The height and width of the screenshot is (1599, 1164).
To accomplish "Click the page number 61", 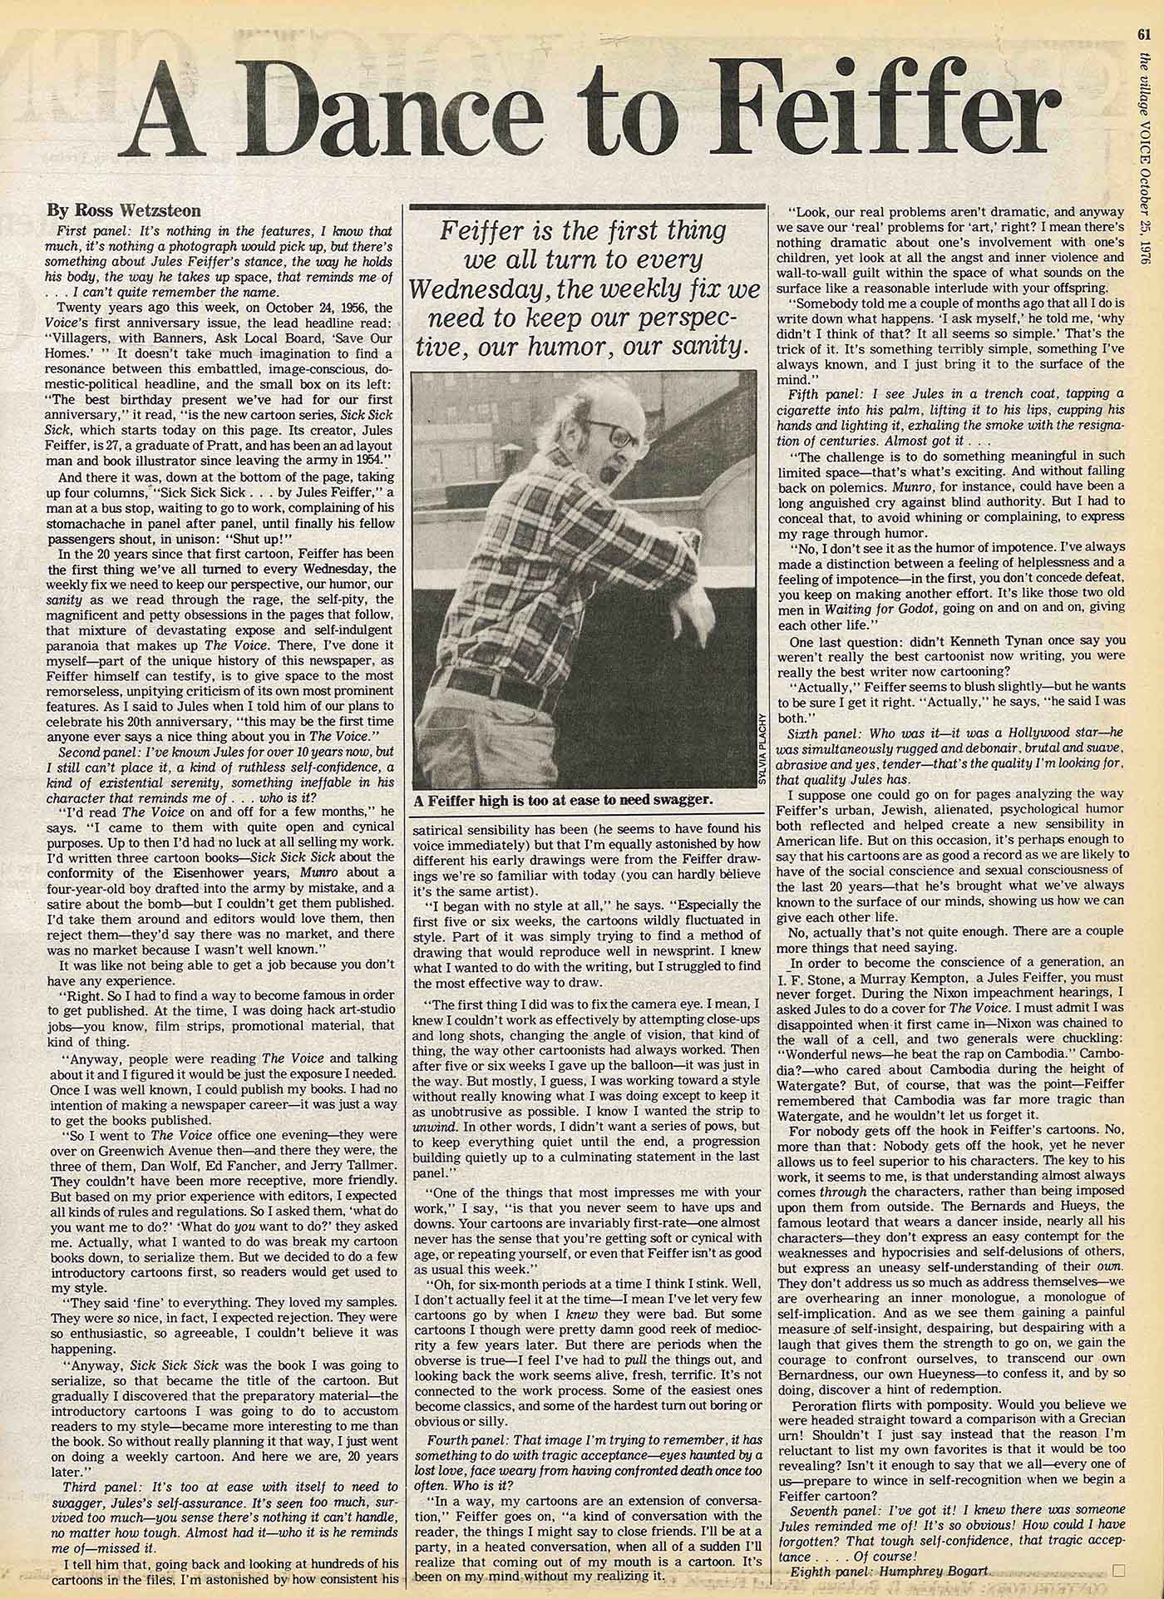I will [x=1145, y=11].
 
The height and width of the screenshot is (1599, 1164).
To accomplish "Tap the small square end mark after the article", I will [x=1117, y=1570].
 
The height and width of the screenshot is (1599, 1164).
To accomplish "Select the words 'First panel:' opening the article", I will [x=86, y=229].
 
